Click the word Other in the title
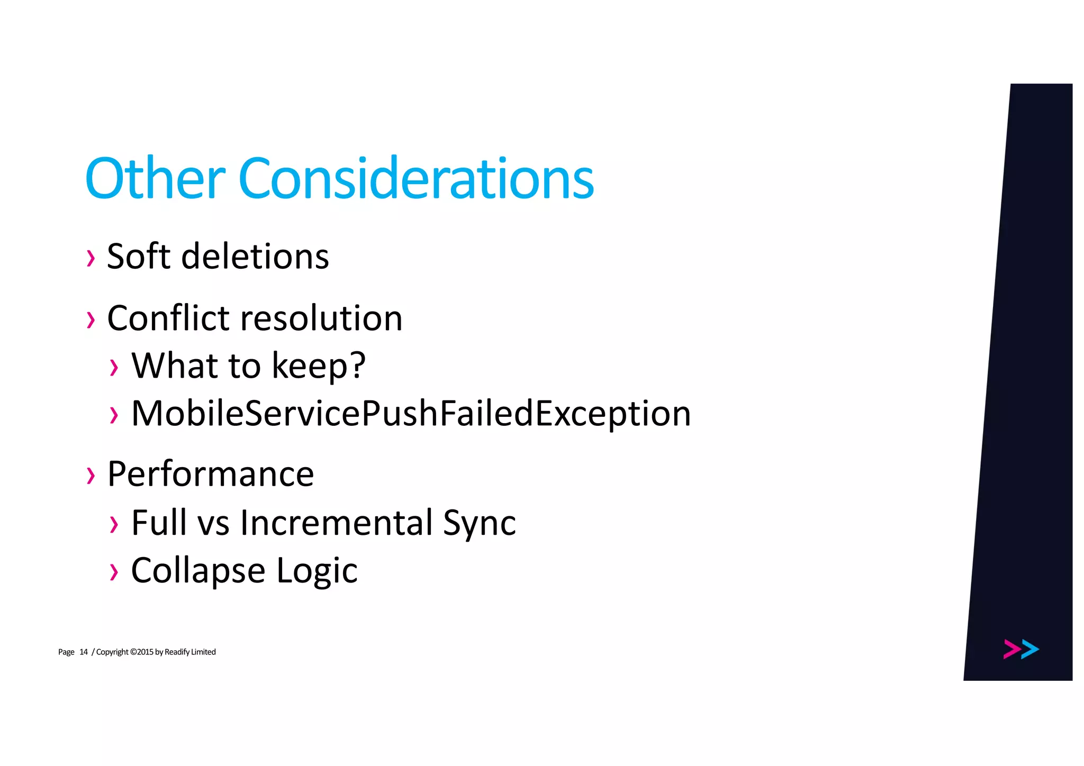(x=155, y=179)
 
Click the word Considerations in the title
(x=416, y=179)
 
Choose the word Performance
(x=211, y=473)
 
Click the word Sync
(x=479, y=523)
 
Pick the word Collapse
(x=198, y=570)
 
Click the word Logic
(x=317, y=571)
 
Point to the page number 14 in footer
(x=84, y=652)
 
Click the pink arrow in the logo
(x=1011, y=649)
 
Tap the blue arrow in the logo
(x=1030, y=649)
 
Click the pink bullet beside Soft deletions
(x=91, y=258)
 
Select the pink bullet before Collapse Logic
(x=114, y=572)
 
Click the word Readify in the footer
(x=177, y=652)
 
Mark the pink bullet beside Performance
(x=91, y=475)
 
